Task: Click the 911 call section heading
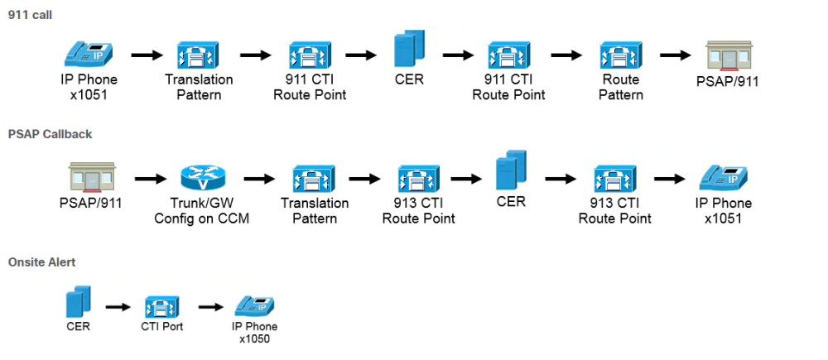coord(30,15)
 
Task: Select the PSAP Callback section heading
coord(50,133)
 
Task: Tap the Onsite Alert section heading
coord(41,262)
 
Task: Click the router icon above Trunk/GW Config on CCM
coord(203,177)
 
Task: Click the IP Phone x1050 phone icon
coord(255,306)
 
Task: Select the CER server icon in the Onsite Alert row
coord(78,303)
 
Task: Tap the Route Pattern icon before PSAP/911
coord(620,55)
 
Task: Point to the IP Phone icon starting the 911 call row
coord(89,55)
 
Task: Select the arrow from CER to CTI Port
coord(119,307)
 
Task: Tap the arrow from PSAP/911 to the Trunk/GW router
coord(150,178)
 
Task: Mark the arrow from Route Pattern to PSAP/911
coord(674,55)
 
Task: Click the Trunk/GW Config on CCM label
coord(203,211)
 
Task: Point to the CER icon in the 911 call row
coord(408,49)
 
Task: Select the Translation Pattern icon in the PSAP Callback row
coord(313,177)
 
